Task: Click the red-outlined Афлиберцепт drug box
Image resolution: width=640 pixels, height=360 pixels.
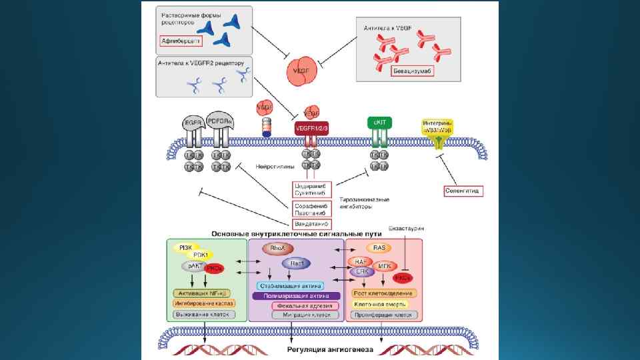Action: click(180, 41)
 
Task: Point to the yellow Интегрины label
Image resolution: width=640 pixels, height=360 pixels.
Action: click(437, 127)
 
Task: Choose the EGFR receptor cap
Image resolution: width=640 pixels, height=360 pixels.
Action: click(193, 122)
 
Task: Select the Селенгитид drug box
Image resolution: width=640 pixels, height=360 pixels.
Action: click(463, 191)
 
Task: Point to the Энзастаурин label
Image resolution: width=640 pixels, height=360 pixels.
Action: click(406, 229)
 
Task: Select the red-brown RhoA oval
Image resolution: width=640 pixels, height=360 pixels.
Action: click(277, 249)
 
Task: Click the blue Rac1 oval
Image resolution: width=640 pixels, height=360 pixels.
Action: click(296, 263)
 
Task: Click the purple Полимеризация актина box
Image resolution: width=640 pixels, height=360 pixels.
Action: click(296, 295)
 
